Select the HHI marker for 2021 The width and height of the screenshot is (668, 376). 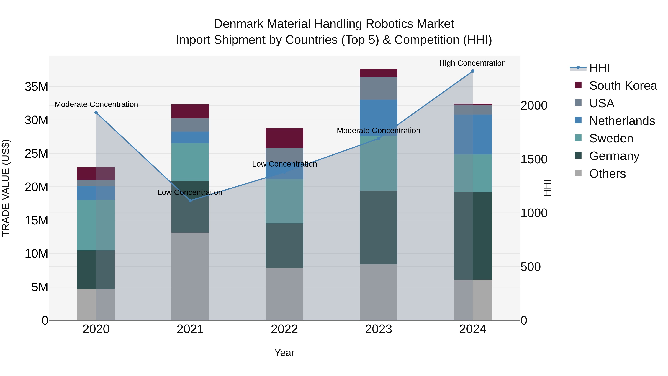[x=190, y=201]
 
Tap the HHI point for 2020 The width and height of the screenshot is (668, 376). [x=96, y=113]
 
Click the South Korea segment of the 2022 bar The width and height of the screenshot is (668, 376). [x=284, y=138]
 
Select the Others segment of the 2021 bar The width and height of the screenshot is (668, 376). [x=190, y=276]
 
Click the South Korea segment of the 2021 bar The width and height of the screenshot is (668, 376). [x=190, y=111]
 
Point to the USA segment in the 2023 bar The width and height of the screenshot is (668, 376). [x=378, y=88]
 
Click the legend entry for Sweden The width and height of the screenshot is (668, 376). [x=611, y=138]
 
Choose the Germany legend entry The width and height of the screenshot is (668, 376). [x=614, y=156]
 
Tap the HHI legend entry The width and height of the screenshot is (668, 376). [x=599, y=68]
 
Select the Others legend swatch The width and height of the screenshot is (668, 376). [x=578, y=173]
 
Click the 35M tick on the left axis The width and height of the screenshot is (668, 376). [x=36, y=87]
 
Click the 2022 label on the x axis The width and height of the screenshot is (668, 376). [x=284, y=329]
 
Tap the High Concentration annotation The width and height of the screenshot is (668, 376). [x=472, y=63]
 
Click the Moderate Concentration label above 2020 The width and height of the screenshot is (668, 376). [x=96, y=104]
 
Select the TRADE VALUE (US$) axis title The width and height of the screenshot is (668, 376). [x=6, y=188]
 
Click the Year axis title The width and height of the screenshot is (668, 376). [x=284, y=353]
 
